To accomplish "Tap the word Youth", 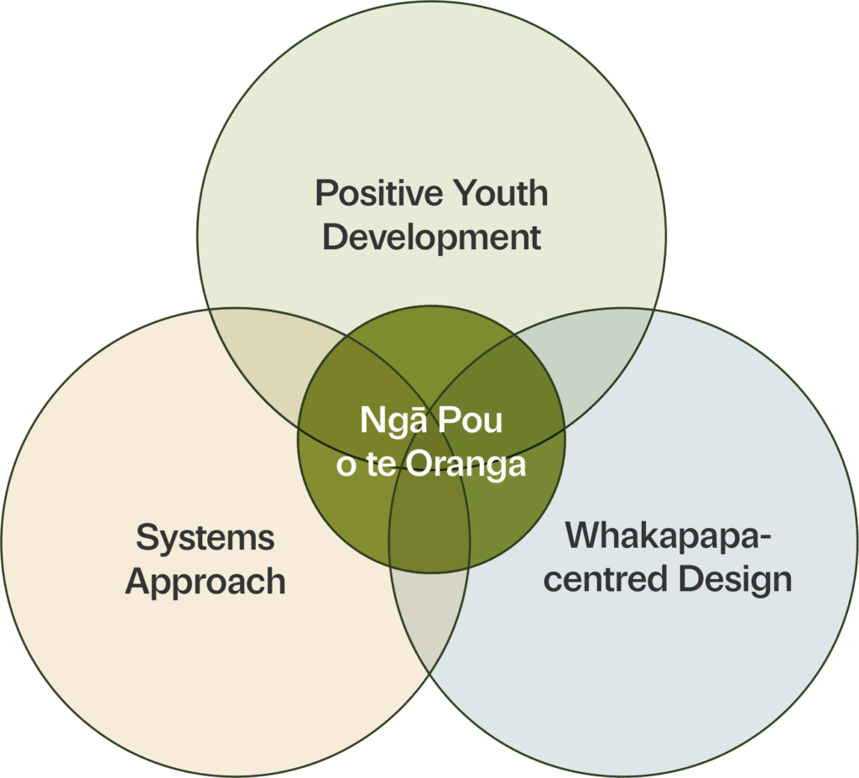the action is pyautogui.click(x=501, y=193).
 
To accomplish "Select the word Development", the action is pyautogui.click(x=432, y=238).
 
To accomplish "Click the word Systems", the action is pyautogui.click(x=206, y=539).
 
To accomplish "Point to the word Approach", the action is pyautogui.click(x=206, y=582).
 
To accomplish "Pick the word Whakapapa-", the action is pyautogui.click(x=668, y=536).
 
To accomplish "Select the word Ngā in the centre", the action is pyautogui.click(x=393, y=421).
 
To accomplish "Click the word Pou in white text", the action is pyautogui.click(x=470, y=421).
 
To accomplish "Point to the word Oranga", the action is pyautogui.click(x=466, y=465).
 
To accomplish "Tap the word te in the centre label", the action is pyautogui.click(x=382, y=465).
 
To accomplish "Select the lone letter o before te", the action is pyautogui.click(x=346, y=467).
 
